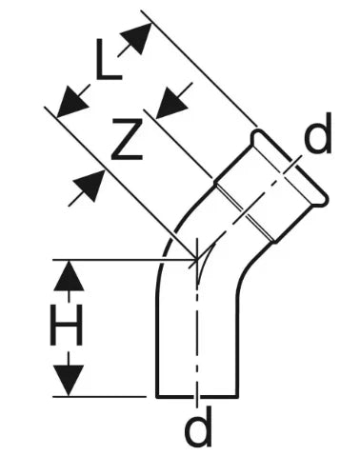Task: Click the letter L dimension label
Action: click(x=109, y=59)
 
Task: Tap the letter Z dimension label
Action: click(x=128, y=139)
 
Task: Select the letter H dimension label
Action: click(x=67, y=325)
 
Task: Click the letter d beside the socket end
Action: click(x=317, y=133)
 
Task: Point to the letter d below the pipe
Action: click(x=198, y=426)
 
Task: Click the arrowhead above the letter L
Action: click(x=136, y=37)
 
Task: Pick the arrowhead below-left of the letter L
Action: click(x=72, y=101)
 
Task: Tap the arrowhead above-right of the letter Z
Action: click(x=173, y=99)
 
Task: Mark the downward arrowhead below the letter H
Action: click(x=69, y=381)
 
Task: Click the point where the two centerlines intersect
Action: click(x=197, y=259)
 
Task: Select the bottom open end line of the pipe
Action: click(x=197, y=396)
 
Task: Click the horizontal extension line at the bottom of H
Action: click(x=99, y=397)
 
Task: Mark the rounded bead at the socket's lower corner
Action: click(x=321, y=201)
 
